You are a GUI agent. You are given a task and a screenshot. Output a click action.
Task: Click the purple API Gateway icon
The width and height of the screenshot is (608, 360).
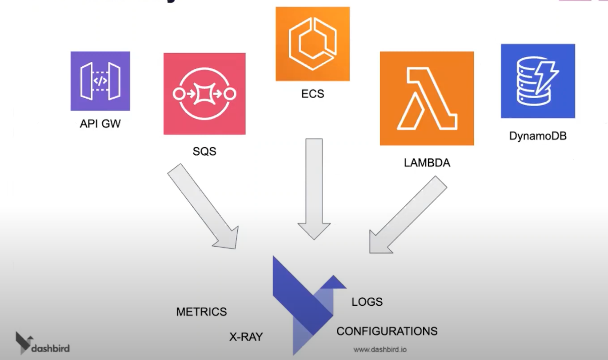100,81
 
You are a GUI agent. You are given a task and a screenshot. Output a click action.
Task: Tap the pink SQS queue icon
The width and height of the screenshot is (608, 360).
204,94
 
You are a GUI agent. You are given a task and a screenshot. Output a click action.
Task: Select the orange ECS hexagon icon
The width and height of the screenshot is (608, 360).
312,44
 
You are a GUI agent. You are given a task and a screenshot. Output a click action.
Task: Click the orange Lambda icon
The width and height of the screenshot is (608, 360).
427,98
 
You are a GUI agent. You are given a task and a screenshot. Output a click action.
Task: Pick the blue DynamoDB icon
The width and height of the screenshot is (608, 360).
538,81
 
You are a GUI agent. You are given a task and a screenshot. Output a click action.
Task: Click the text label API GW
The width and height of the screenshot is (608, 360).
100,124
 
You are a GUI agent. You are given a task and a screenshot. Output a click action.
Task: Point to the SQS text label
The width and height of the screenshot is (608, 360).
204,151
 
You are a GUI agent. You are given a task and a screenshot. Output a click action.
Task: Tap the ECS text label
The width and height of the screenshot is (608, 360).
312,94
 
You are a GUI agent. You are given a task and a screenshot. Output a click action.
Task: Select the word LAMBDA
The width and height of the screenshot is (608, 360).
427,163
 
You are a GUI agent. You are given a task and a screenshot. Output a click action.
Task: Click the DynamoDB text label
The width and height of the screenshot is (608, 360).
538,136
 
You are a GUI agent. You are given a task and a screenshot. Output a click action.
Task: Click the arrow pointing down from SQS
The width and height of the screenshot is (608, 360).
204,207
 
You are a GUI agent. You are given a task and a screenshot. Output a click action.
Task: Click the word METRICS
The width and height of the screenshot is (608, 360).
201,312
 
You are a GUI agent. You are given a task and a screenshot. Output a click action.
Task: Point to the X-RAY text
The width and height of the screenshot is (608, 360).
246,337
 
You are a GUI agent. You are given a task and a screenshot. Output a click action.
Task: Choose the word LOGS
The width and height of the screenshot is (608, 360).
367,302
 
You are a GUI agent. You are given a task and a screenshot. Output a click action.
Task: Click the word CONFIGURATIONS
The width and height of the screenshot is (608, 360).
387,331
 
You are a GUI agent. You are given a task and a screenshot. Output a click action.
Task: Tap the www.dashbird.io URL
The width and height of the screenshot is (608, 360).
380,349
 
